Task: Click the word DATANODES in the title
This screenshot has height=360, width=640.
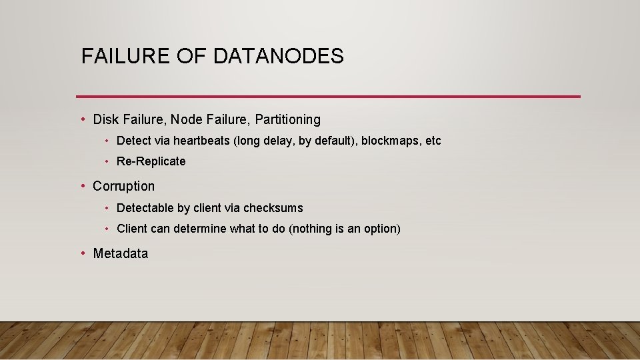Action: pos(279,56)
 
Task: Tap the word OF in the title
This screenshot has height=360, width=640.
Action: pos(194,56)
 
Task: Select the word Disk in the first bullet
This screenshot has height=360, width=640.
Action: pos(105,119)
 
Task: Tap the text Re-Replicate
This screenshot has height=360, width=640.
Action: pos(151,161)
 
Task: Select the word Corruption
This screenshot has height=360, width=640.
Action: pos(123,186)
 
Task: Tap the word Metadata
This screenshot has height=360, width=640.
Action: pos(121,253)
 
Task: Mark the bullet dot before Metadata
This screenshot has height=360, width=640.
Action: pos(83,253)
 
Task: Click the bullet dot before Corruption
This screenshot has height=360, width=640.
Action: pos(83,186)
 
